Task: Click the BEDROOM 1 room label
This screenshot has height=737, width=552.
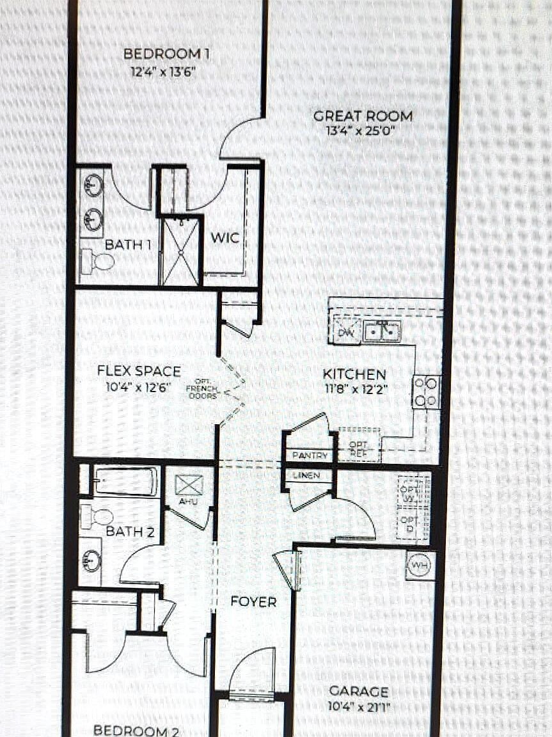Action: pos(166,54)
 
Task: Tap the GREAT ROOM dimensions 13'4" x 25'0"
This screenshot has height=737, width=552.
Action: pos(363,132)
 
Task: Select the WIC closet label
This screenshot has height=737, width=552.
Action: pos(225,238)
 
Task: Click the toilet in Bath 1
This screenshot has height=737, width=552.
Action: pos(97,260)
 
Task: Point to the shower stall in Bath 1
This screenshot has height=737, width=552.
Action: pos(180,251)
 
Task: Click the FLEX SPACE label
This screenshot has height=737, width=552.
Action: pos(139,371)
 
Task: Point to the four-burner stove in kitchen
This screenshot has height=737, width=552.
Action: pos(426,392)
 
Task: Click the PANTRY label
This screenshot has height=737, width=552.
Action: pos(310,456)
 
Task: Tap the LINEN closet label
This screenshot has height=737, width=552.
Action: pos(307,475)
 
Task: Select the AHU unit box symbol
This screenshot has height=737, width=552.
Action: pos(189,485)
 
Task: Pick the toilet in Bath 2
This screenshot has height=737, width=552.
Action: pos(97,516)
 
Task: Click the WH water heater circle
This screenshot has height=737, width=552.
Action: pos(419,566)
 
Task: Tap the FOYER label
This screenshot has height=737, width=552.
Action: pos(253,601)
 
